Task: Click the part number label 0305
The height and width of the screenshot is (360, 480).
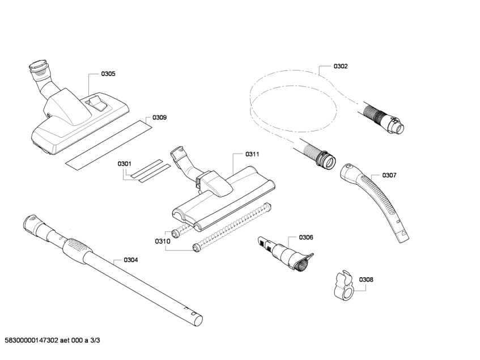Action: click(108, 74)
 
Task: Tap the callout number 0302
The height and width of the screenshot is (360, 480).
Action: click(340, 66)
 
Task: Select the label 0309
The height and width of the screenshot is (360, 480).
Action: click(159, 118)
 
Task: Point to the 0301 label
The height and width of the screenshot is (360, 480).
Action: click(125, 164)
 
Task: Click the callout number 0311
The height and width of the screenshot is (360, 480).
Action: click(252, 154)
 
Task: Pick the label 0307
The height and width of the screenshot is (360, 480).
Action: click(389, 175)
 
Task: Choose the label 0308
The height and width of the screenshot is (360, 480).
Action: click(366, 279)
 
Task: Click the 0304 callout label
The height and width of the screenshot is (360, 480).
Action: click(130, 260)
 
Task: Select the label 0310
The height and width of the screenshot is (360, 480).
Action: click(162, 241)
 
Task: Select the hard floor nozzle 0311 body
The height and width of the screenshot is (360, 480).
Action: click(224, 198)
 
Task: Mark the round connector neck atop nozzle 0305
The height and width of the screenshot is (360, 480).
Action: click(39, 69)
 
